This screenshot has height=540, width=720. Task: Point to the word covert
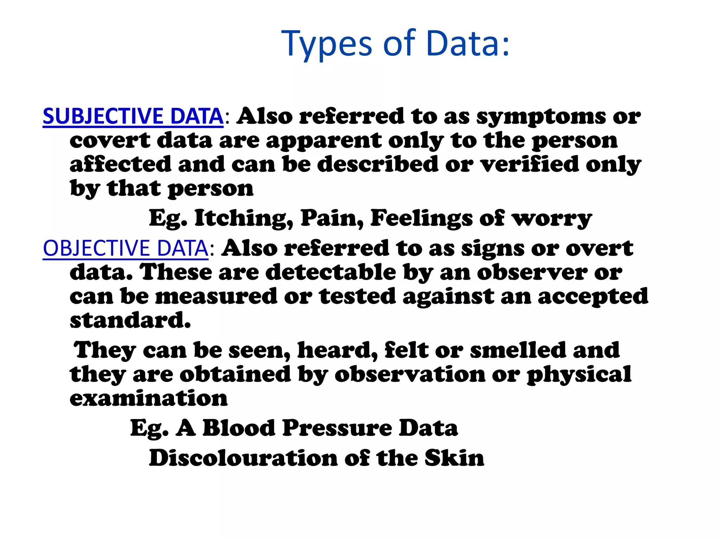[110, 141]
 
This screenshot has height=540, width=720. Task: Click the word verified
[530, 165]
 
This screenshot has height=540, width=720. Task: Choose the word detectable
[330, 272]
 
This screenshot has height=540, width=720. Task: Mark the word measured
[216, 296]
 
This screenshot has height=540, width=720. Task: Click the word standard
[130, 320]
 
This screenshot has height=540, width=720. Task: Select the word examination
[149, 399]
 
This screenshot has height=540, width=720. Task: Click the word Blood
[239, 428]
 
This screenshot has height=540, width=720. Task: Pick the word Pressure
[337, 428]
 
